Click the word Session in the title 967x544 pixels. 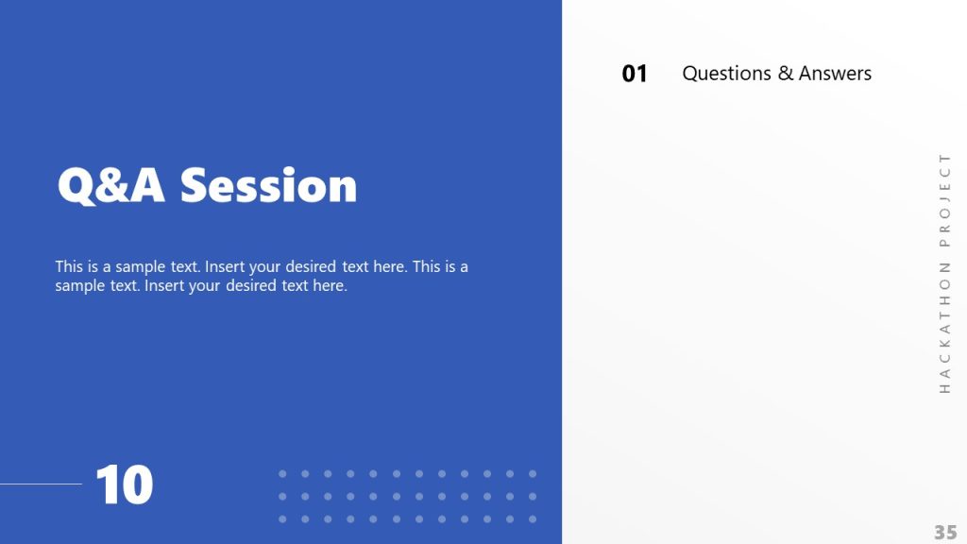269,186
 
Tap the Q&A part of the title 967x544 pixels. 111,186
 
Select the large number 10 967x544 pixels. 125,485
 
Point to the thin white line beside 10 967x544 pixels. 41,484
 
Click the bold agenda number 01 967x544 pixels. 635,74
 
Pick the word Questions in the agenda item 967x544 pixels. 726,74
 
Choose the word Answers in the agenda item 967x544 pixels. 835,74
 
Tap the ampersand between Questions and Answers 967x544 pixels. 786,74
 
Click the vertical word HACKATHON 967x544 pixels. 944,330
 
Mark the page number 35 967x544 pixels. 945,532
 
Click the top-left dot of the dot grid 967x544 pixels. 282,473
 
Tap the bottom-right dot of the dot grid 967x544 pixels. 533,518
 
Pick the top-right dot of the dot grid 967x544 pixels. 533,473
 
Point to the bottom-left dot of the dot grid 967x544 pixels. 282,518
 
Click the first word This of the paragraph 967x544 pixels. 70,266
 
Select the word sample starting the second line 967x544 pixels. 79,285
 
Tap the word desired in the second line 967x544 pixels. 251,285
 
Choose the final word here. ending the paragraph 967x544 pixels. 330,285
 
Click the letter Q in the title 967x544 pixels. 76,186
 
